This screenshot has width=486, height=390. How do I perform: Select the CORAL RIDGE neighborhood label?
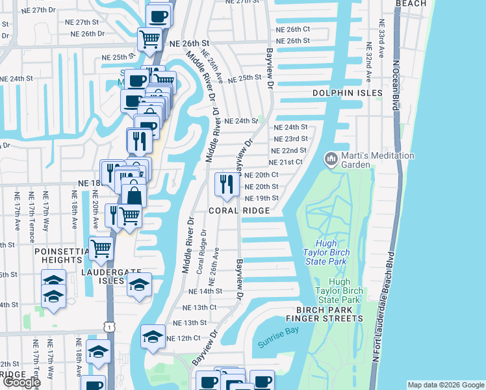coord(239,211)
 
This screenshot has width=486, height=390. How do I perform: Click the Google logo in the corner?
coord(21,382)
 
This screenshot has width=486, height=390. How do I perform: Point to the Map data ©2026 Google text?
coord(445,385)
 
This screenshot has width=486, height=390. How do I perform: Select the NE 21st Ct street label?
coord(287,162)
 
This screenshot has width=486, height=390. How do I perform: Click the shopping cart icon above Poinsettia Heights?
coord(101,248)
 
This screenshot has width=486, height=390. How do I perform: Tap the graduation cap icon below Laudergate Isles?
coord(139,285)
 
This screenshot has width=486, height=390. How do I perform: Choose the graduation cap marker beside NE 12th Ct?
coord(153,336)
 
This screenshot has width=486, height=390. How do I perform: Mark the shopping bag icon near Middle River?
coord(134,194)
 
